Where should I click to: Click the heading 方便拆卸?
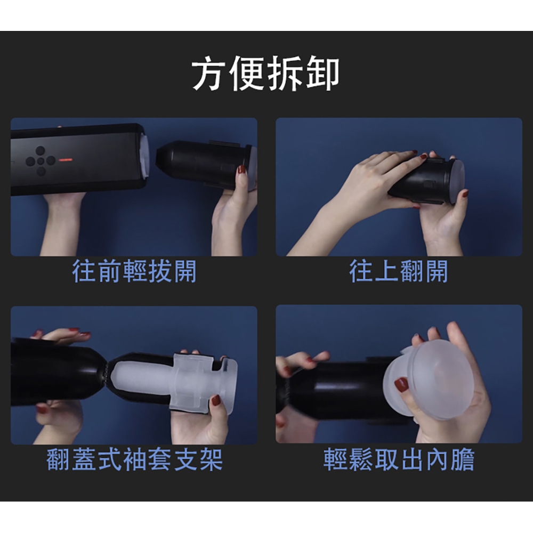[265, 74]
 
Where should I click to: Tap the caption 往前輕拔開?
[134, 271]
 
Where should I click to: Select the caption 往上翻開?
[399, 271]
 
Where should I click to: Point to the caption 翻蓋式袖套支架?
[134, 459]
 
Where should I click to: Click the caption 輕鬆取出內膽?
[399, 459]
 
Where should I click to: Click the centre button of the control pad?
[41, 161]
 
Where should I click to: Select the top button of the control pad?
[41, 151]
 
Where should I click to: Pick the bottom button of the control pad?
[41, 171]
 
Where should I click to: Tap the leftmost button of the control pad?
[30, 161]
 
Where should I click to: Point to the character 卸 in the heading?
[322, 74]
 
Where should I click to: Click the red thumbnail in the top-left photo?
[241, 169]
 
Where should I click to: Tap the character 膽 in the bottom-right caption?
[463, 459]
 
